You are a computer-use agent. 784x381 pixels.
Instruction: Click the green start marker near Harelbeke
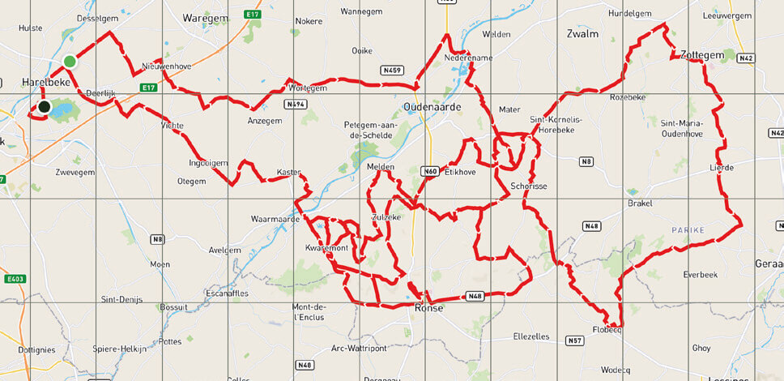click(70, 62)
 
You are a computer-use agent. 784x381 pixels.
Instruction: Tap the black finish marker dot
click(44, 106)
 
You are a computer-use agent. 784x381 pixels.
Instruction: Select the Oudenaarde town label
click(432, 107)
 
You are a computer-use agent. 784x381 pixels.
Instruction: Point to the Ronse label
click(428, 308)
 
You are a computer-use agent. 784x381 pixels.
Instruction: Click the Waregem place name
click(204, 17)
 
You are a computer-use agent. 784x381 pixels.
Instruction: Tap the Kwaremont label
click(326, 247)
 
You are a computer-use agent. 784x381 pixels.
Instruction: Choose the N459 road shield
click(394, 71)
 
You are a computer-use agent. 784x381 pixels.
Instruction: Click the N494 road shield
click(295, 105)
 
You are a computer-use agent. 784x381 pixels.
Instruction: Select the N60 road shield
click(430, 171)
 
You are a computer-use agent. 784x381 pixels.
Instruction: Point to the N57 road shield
click(574, 340)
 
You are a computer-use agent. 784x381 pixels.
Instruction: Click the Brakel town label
click(640, 203)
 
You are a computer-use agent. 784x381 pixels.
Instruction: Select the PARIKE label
click(688, 230)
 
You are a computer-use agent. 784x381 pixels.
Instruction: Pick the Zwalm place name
click(582, 34)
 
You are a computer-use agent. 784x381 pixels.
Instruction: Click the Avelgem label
click(225, 249)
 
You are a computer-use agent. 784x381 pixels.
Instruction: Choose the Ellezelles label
click(531, 336)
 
